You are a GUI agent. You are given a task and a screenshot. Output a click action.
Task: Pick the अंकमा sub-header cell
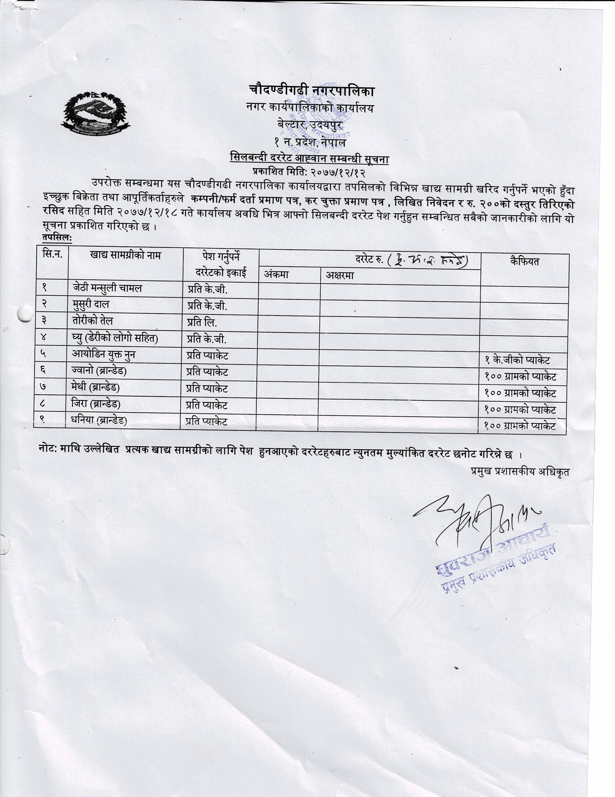click(x=276, y=274)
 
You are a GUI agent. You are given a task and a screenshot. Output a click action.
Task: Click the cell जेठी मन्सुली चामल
click(x=107, y=288)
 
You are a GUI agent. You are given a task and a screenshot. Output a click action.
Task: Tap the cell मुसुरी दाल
click(x=91, y=304)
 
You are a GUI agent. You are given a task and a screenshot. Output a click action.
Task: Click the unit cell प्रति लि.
click(x=202, y=322)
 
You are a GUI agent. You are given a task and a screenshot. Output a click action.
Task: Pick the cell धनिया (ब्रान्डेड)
click(x=99, y=421)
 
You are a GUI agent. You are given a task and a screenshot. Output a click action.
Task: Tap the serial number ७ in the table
click(x=43, y=387)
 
